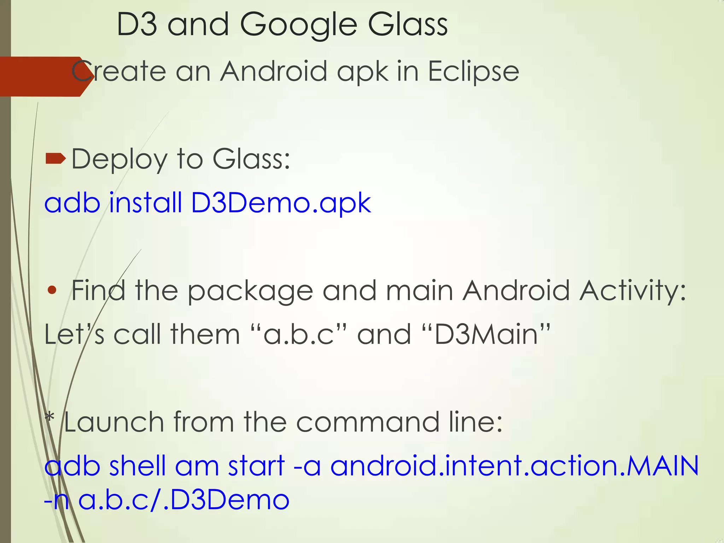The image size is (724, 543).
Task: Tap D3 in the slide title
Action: click(x=137, y=25)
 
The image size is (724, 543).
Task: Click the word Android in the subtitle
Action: click(x=274, y=71)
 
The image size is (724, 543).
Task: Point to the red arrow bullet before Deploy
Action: click(x=56, y=159)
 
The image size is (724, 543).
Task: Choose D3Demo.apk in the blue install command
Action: click(x=281, y=203)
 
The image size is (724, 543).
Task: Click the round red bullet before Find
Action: click(x=52, y=290)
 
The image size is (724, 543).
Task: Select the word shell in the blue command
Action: click(x=137, y=466)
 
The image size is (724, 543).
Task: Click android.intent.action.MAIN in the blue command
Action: click(x=514, y=466)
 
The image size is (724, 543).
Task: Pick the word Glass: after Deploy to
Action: click(x=251, y=159)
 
